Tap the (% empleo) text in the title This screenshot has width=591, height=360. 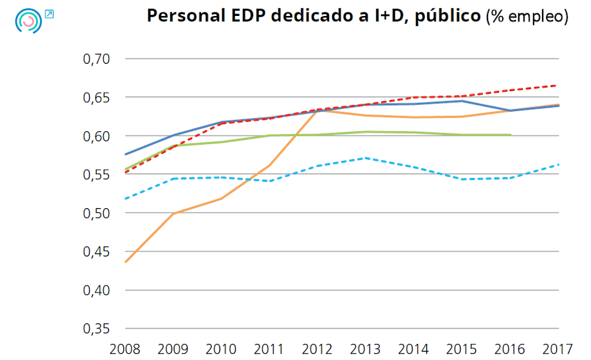[527, 17]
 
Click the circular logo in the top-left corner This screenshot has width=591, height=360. [28, 21]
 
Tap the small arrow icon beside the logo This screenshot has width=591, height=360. [49, 14]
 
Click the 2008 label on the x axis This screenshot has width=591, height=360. [125, 348]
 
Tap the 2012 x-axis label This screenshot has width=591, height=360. [318, 348]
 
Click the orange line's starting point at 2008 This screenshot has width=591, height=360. [125, 262]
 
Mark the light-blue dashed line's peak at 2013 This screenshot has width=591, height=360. [366, 158]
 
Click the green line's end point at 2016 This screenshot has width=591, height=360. [510, 135]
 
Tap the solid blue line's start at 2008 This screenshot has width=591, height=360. [125, 154]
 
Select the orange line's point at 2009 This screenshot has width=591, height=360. [173, 213]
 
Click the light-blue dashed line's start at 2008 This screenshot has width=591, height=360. [125, 199]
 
